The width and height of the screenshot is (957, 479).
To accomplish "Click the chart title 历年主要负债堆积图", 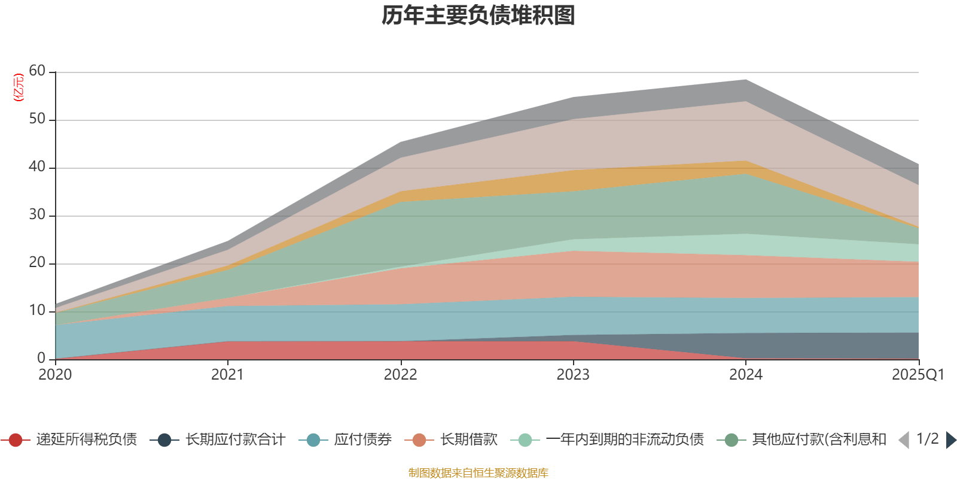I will [478, 16].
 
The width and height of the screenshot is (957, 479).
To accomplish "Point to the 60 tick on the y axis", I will [37, 71].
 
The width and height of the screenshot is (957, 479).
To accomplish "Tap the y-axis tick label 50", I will [37, 119].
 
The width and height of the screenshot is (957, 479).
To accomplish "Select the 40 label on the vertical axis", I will [37, 167].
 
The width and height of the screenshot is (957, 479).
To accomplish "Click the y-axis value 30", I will [37, 215].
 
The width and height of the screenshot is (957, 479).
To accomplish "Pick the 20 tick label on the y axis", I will [37, 263].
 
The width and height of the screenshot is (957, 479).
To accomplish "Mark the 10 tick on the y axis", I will [37, 311].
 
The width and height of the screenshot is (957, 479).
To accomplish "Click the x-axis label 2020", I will [55, 375].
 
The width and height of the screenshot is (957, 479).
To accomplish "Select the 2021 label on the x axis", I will [227, 375].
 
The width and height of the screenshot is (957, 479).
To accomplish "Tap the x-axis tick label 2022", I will [400, 375].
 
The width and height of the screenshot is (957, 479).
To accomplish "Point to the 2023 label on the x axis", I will [573, 375].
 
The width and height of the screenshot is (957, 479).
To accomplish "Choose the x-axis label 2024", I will [746, 375].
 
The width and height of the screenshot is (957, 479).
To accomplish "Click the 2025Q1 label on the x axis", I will [918, 375].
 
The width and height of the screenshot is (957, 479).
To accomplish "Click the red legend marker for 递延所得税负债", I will [16, 440].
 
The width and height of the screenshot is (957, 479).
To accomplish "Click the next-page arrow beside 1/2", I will [950, 440].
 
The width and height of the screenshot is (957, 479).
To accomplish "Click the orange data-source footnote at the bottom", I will [478, 473].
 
